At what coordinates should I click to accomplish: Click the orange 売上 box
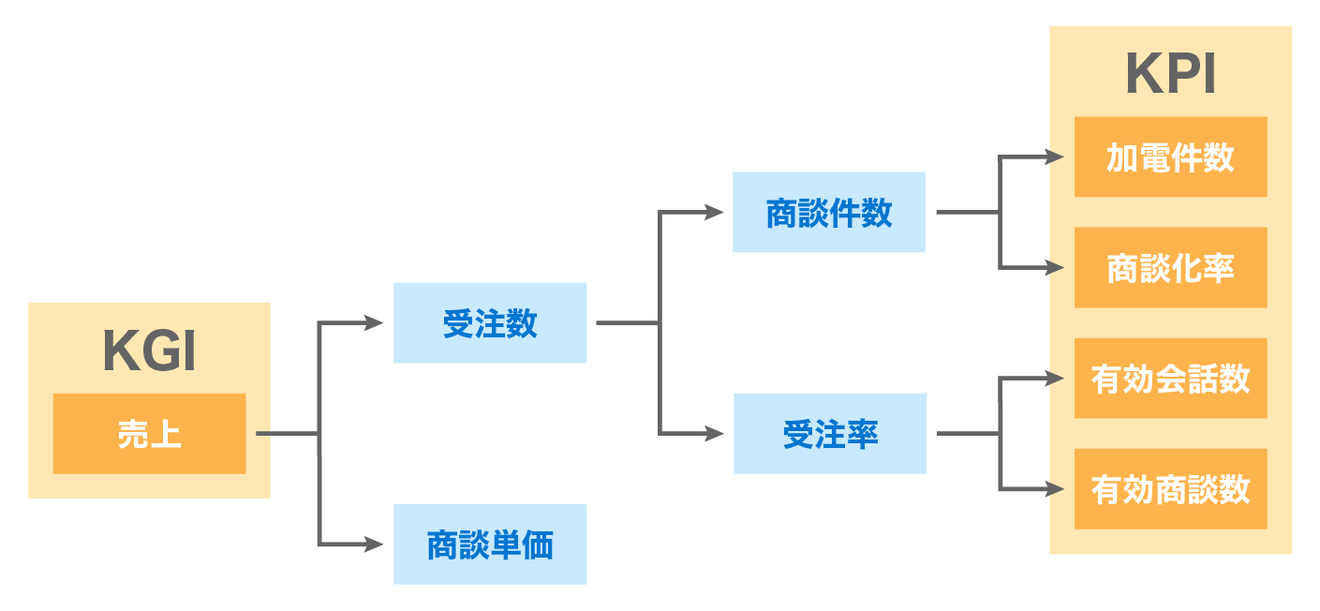[x=149, y=433]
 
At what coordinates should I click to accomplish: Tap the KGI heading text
[x=149, y=352]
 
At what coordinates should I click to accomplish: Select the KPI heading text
[x=1170, y=74]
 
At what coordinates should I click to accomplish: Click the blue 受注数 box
[x=489, y=322]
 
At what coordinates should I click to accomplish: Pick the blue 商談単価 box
[x=489, y=544]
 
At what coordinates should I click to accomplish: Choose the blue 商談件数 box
[x=828, y=212]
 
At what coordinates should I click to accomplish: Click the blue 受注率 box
[x=830, y=433]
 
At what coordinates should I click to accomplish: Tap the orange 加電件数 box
[x=1170, y=156]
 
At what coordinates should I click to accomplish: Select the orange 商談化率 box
[x=1170, y=267]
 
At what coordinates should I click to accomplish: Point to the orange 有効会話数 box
[x=1170, y=378]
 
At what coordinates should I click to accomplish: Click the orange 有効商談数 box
[x=1170, y=488]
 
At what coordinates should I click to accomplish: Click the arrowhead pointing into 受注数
[x=375, y=323]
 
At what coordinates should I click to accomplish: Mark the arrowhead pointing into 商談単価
[x=375, y=544]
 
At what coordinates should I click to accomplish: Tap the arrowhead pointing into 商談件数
[x=715, y=213]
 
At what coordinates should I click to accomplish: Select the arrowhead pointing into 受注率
[x=715, y=434]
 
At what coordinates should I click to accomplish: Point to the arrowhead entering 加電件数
[x=1055, y=157]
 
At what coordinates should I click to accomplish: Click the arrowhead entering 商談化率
[x=1055, y=268]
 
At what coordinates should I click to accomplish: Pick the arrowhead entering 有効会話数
[x=1055, y=379]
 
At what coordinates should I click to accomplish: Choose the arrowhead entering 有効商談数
[x=1055, y=489]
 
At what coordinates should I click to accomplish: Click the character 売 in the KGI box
[x=133, y=434]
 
